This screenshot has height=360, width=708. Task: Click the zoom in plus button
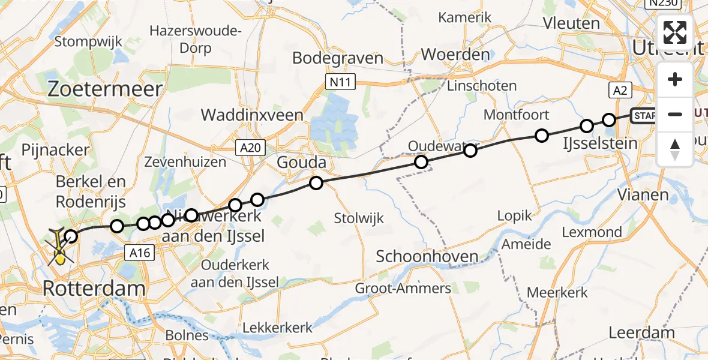pyautogui.click(x=675, y=79)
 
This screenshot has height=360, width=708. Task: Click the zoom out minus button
pyautogui.click(x=675, y=114)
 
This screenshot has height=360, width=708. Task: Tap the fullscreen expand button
pyautogui.click(x=675, y=32)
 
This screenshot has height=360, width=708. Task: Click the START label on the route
pyautogui.click(x=644, y=116)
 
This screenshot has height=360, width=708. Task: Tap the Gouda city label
pyautogui.click(x=301, y=163)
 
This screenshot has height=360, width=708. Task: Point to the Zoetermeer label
pyautogui.click(x=105, y=89)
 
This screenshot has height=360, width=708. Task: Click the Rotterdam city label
pyautogui.click(x=94, y=289)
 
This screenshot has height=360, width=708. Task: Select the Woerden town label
pyautogui.click(x=455, y=55)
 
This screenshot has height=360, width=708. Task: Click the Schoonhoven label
pyautogui.click(x=427, y=257)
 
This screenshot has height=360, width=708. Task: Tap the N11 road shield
pyautogui.click(x=341, y=82)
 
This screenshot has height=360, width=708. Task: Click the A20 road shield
pyautogui.click(x=250, y=147)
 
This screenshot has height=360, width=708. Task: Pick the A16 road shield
pyautogui.click(x=139, y=253)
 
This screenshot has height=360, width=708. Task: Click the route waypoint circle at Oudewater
pyautogui.click(x=421, y=161)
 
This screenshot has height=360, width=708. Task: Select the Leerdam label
pyautogui.click(x=641, y=332)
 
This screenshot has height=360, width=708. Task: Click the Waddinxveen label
pyautogui.click(x=252, y=115)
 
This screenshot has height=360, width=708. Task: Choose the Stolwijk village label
pyautogui.click(x=360, y=217)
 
